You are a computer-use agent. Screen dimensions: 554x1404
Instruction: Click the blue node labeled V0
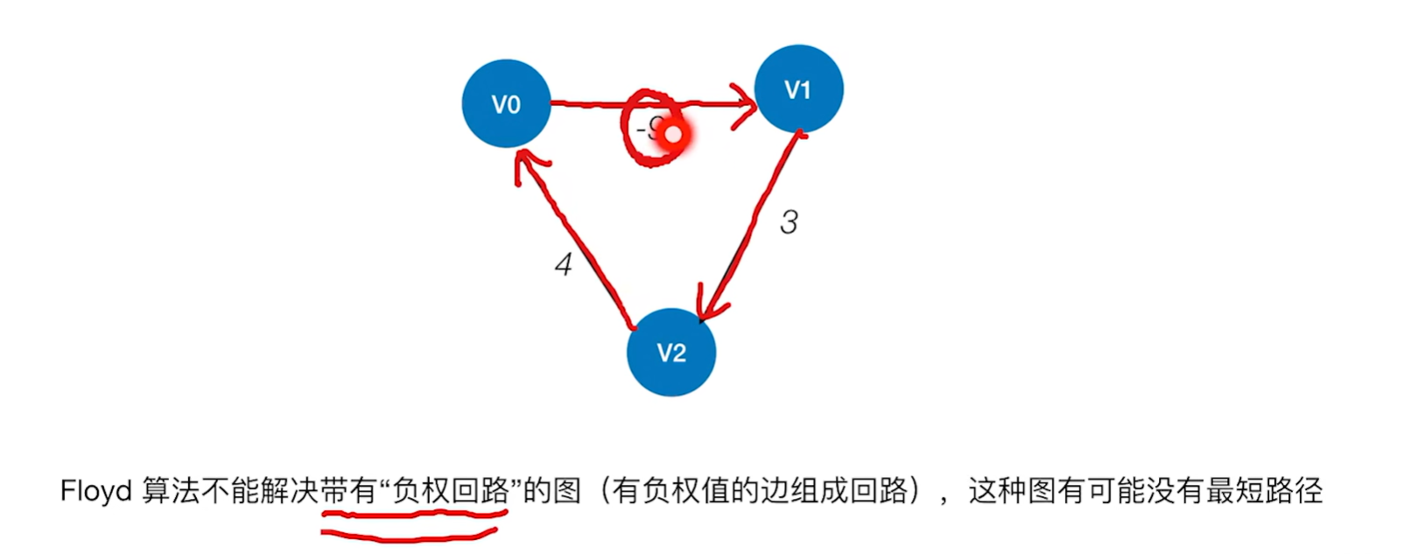tap(506, 104)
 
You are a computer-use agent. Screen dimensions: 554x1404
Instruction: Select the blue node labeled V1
tap(798, 89)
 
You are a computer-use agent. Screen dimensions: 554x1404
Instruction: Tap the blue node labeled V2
tap(671, 352)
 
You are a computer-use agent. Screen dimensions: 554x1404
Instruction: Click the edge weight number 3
tap(789, 222)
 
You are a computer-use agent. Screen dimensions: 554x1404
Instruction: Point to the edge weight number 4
tap(564, 264)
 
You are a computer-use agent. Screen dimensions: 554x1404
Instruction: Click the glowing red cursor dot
tap(673, 135)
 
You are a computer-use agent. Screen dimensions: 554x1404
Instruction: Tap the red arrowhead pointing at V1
tap(747, 106)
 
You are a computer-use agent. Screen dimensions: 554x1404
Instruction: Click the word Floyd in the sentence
tap(95, 491)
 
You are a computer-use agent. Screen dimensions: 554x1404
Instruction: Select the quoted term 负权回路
tap(451, 491)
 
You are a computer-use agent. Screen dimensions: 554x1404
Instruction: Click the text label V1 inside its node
tap(797, 90)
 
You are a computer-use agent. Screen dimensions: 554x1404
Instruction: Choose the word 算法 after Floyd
tap(170, 491)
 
